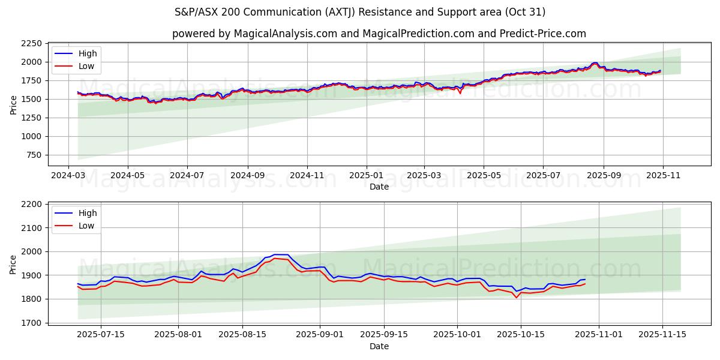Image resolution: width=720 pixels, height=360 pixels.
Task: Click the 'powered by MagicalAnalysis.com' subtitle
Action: [x=379, y=34]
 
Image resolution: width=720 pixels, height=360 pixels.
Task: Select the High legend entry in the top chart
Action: [x=88, y=53]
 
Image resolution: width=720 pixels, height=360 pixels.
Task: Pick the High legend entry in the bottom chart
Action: [x=88, y=213]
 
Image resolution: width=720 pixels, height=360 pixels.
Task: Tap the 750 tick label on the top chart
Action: [x=34, y=155]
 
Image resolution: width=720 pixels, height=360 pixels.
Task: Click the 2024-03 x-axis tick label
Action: [x=67, y=176]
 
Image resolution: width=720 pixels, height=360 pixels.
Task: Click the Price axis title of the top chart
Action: [x=13, y=104]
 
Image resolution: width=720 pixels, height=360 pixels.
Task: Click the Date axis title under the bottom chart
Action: [x=379, y=346]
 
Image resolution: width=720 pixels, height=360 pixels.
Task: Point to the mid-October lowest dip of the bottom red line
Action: [x=516, y=298]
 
